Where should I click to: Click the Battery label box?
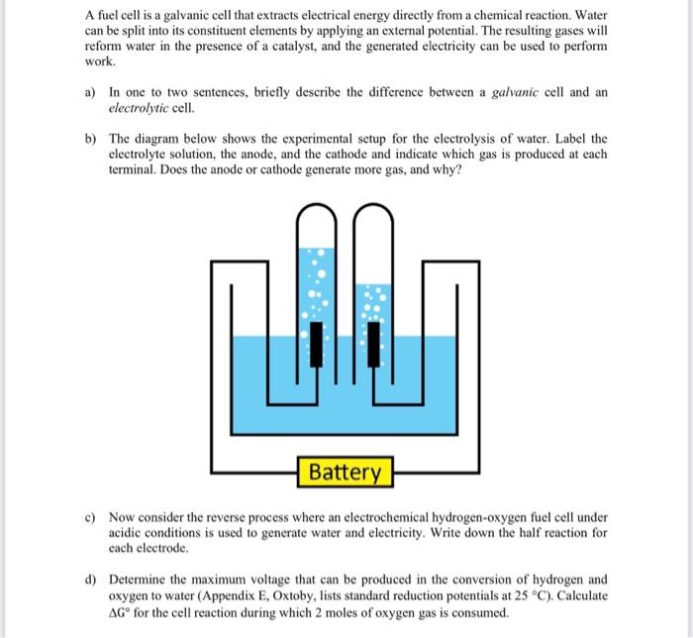point(345,472)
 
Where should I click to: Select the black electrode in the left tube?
point(317,343)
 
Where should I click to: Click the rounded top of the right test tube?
point(373,213)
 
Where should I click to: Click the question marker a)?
point(90,92)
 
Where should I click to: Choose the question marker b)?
point(90,139)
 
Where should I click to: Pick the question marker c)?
point(90,517)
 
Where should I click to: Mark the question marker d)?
point(90,579)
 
